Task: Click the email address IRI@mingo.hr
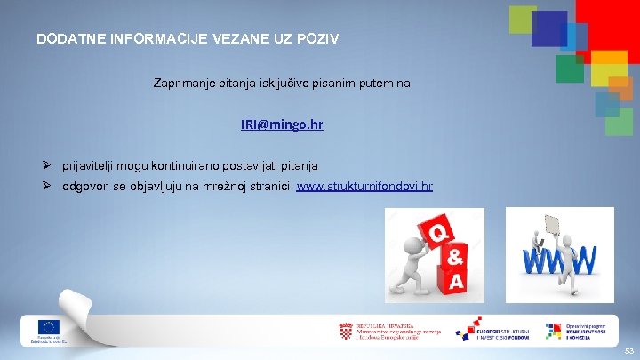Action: coord(281,125)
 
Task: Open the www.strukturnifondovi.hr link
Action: coord(364,187)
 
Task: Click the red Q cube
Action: coord(438,233)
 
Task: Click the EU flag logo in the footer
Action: coord(48,327)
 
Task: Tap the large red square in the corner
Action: coord(610,22)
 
